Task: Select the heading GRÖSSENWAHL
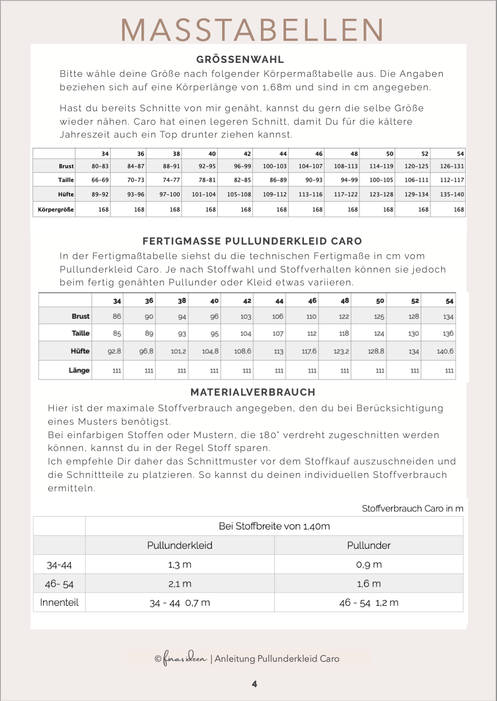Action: (240, 60)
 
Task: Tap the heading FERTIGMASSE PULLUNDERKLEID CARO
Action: (252, 241)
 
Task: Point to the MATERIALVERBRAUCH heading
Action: (253, 392)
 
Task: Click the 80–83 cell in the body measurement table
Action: (100, 167)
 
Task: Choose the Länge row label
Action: (79, 370)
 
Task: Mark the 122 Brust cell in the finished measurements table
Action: (344, 317)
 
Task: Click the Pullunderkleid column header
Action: (180, 545)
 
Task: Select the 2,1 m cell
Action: (180, 584)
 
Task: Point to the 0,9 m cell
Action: (369, 564)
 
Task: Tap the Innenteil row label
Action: (59, 603)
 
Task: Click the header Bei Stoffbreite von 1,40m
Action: (274, 526)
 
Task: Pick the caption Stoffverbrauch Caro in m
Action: (413, 509)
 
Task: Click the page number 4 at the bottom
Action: (254, 684)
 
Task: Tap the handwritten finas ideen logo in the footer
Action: (184, 659)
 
